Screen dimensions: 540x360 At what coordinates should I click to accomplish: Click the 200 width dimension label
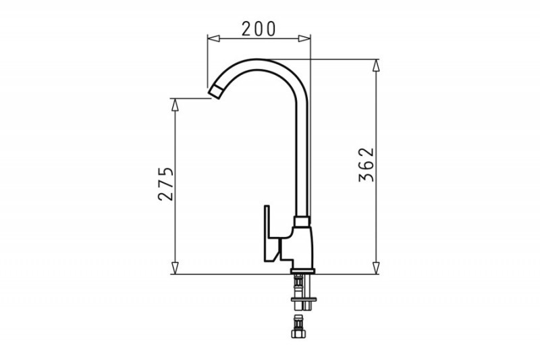(x=259, y=29)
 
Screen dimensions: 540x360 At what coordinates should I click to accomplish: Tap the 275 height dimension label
(x=165, y=184)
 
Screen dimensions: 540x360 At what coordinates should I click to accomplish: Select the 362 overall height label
(x=366, y=165)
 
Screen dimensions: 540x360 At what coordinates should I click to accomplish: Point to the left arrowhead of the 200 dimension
(x=213, y=38)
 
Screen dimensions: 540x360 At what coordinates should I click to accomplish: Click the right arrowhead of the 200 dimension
(x=304, y=38)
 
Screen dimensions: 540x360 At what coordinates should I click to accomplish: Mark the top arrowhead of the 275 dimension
(x=175, y=105)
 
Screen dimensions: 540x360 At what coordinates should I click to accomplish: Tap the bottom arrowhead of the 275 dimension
(x=175, y=268)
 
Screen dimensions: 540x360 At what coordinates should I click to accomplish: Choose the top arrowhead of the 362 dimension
(x=376, y=66)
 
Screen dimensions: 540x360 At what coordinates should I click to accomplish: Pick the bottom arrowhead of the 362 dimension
(x=376, y=268)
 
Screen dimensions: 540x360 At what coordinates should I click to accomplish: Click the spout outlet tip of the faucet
(x=215, y=92)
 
